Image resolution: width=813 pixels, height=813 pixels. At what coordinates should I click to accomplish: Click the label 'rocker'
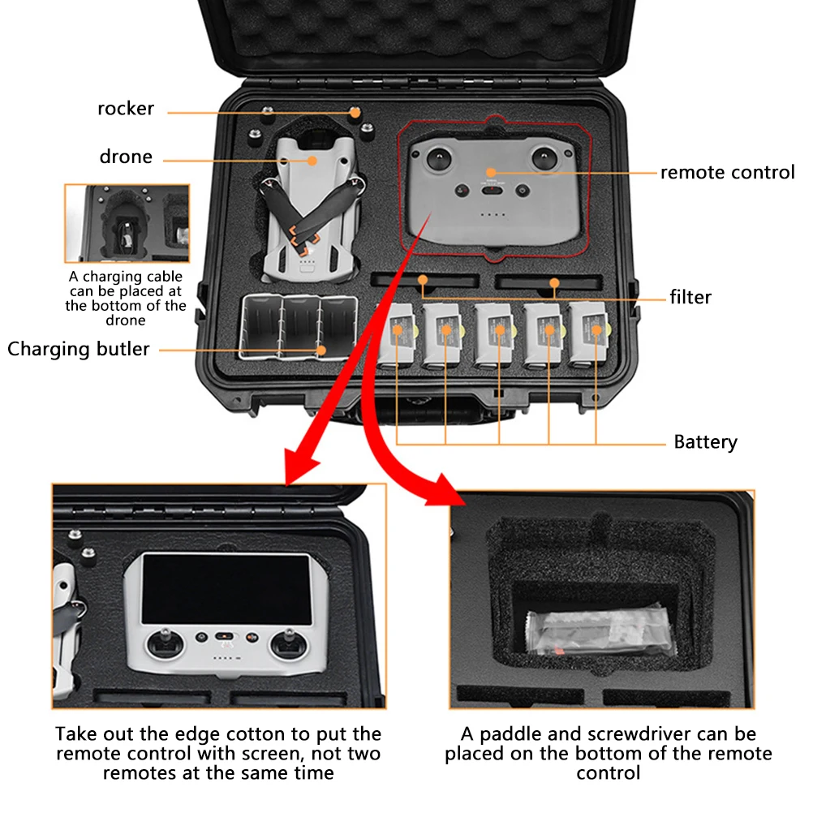[126, 109]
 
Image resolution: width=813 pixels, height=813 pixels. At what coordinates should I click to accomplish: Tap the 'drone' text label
[126, 157]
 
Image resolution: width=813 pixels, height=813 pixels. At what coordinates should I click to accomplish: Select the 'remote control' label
[727, 172]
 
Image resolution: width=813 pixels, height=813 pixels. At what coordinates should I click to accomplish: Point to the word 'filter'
[690, 297]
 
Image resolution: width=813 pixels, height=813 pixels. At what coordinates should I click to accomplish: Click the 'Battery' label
[705, 442]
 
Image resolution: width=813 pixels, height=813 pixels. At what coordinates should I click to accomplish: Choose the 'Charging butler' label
[79, 349]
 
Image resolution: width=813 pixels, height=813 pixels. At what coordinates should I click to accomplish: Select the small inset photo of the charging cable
[127, 223]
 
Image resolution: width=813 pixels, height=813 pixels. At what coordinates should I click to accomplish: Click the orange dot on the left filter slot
[423, 280]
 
